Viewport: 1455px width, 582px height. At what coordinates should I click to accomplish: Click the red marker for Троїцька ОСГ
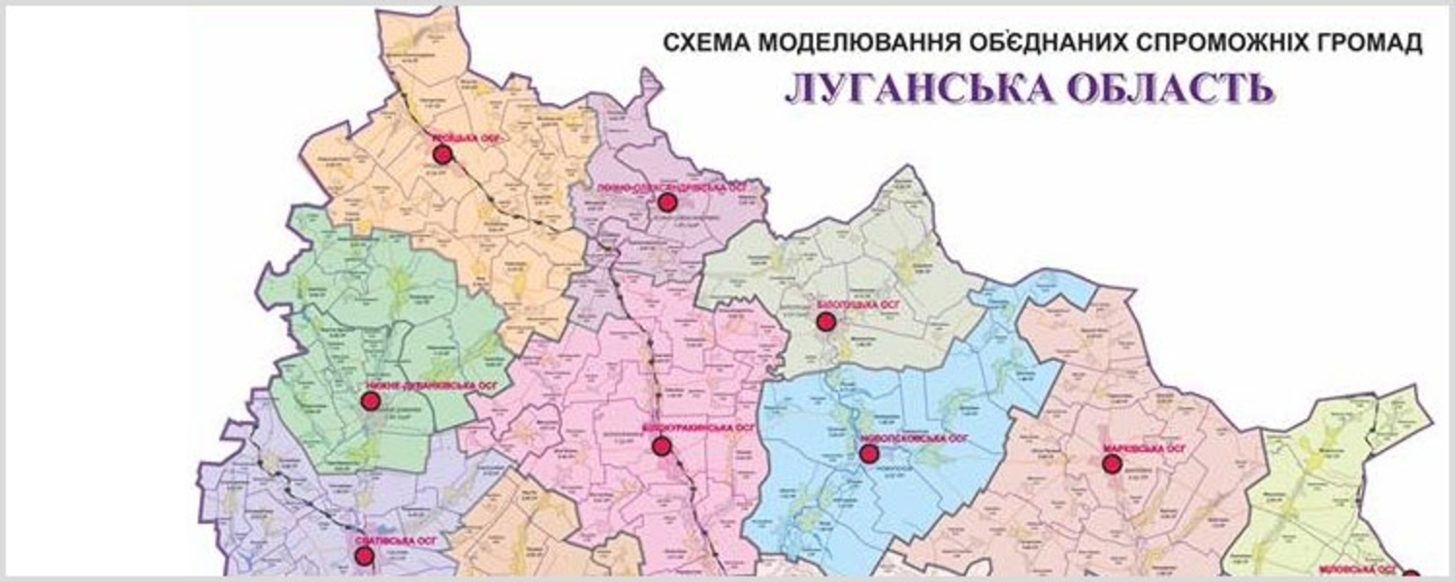pyautogui.click(x=442, y=155)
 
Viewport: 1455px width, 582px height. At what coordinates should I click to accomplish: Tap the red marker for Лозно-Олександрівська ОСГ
pyautogui.click(x=666, y=202)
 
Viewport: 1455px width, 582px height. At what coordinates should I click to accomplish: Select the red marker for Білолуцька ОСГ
pyautogui.click(x=825, y=321)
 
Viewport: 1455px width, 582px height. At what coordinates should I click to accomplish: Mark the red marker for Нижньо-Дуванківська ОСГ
pyautogui.click(x=370, y=401)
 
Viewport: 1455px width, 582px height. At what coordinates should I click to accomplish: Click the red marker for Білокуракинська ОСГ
pyautogui.click(x=662, y=446)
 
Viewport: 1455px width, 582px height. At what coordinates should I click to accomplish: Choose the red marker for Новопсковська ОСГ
pyautogui.click(x=869, y=453)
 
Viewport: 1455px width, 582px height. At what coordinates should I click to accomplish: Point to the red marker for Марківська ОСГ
pyautogui.click(x=1112, y=464)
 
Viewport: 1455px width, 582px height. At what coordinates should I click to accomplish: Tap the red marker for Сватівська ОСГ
pyautogui.click(x=364, y=556)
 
